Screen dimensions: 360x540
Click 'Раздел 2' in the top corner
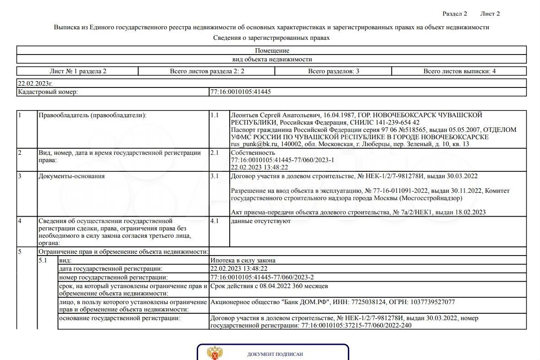(x=454, y=14)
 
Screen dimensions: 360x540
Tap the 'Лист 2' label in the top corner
(x=490, y=14)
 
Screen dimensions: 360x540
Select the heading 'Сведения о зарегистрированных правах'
(x=271, y=38)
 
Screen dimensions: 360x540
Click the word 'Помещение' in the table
(x=272, y=51)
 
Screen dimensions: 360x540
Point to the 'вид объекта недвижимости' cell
(x=272, y=60)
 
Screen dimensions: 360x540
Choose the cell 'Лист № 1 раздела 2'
(x=78, y=71)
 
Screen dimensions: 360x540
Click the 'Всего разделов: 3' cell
(x=333, y=71)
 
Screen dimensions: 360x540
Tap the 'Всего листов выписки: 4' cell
(x=459, y=71)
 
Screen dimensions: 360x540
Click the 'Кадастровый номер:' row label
(x=48, y=92)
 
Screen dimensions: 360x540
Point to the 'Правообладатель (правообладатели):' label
(x=92, y=115)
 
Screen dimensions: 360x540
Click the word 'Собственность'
(x=253, y=153)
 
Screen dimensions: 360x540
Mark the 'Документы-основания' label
(x=71, y=176)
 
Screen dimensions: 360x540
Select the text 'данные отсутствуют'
(x=261, y=221)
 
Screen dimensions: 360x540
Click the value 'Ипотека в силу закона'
(x=243, y=261)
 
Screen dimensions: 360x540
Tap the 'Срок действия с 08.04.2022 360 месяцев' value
(x=269, y=286)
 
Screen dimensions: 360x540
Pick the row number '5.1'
(x=43, y=261)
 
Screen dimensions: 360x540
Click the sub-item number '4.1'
(x=215, y=221)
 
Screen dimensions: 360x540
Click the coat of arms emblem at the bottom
(x=215, y=354)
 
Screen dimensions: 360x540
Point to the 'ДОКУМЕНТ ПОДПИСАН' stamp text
(x=275, y=355)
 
